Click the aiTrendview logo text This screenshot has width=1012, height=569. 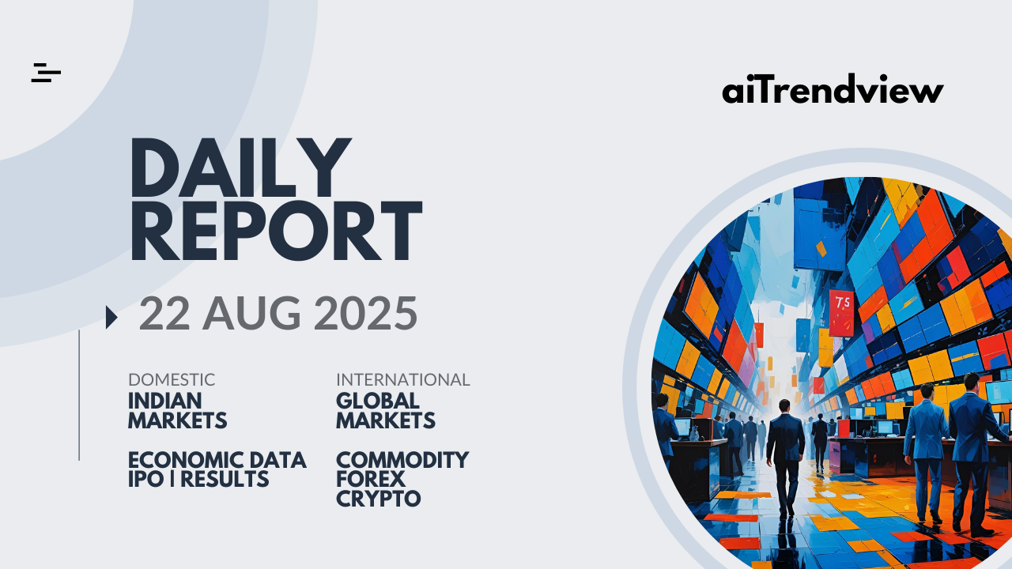pos(833,89)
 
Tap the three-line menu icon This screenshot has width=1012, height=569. pos(46,73)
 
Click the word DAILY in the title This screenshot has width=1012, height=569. pos(241,168)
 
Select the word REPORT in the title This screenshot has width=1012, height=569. pos(276,230)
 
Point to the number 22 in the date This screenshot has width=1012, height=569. pos(164,313)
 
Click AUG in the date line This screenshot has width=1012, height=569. pos(251,313)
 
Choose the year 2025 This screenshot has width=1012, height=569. pos(365,313)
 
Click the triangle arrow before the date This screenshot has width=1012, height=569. pos(111,317)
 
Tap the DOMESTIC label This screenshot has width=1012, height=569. pos(172,380)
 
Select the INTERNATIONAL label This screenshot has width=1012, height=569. pos(403,380)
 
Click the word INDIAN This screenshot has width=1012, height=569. pos(165,401)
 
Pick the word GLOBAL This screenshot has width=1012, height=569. pos(378,401)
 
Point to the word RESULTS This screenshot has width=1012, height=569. pos(225,479)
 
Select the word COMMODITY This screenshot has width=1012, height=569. pos(402,460)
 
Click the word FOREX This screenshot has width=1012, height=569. pos(371,479)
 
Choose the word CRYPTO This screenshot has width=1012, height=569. pos(379,499)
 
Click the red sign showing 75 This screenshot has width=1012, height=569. pos(842,313)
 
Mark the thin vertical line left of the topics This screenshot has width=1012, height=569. pos(79,395)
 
